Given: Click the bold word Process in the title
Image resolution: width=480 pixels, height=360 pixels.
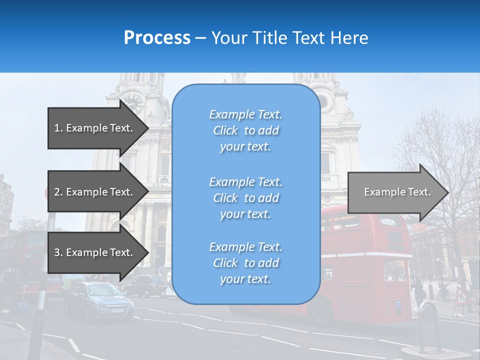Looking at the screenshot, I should (157, 38).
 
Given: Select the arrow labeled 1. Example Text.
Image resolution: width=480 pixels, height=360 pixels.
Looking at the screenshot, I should (97, 128).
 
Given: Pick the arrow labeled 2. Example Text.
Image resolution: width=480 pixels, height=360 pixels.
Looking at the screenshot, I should (97, 192).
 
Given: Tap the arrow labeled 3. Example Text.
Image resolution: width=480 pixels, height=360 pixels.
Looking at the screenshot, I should (97, 252).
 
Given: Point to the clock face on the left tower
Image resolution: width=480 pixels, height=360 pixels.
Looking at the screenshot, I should (132, 102).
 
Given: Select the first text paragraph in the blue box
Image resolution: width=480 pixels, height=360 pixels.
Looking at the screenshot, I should (245, 130).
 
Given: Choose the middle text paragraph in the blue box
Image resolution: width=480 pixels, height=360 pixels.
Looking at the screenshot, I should (245, 198).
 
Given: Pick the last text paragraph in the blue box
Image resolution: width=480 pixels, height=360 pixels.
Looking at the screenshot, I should (245, 263).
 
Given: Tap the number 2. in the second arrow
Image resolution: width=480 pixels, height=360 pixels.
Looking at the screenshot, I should (58, 192).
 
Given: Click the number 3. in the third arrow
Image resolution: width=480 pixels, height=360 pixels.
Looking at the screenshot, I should (58, 252).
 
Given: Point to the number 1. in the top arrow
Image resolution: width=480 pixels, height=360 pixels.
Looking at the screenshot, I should (58, 128).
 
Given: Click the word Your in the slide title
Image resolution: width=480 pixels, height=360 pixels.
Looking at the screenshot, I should (230, 38).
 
